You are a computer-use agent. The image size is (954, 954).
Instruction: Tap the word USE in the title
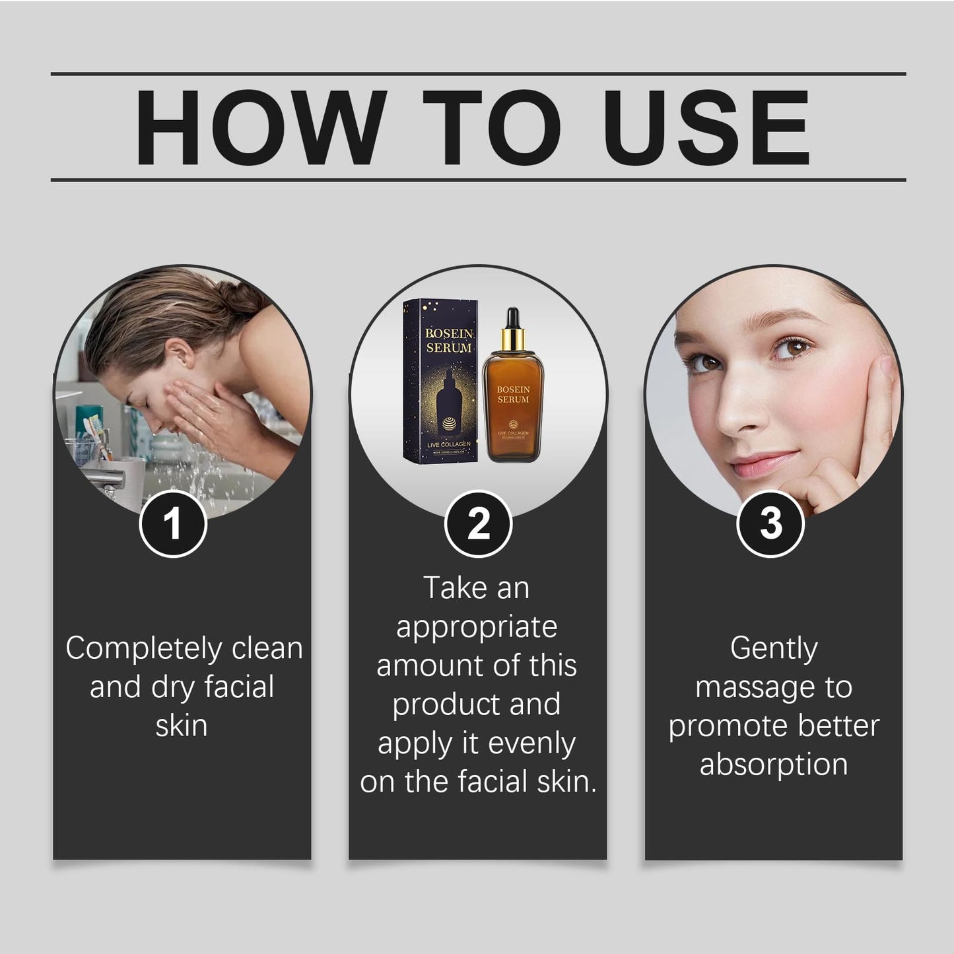(x=706, y=127)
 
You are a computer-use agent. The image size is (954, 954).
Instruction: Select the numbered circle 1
(x=173, y=524)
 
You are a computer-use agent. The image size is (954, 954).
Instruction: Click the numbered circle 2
(x=478, y=524)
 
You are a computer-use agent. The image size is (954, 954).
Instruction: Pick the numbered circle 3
(x=770, y=524)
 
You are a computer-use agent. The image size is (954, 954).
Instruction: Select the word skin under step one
(x=182, y=726)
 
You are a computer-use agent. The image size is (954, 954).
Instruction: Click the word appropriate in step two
(x=477, y=627)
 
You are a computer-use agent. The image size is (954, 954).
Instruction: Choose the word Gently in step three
(x=774, y=648)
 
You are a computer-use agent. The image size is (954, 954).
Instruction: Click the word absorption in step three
(x=774, y=765)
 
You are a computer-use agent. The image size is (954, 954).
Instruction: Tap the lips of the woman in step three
(x=761, y=463)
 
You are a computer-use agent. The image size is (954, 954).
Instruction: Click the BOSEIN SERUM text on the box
(x=448, y=341)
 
